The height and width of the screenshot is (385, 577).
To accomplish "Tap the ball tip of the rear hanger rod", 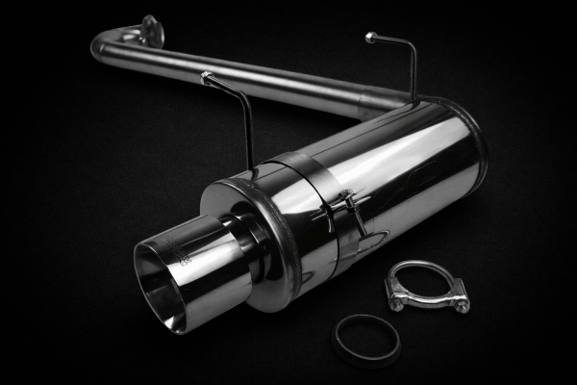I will pos(370,38).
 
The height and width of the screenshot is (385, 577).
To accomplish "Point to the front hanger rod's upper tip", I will pos(205,76).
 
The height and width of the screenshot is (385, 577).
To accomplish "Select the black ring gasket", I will pos(366,339).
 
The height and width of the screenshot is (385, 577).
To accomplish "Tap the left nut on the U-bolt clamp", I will pos(396,302).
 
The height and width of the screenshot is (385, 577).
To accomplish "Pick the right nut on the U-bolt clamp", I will pos(461,304).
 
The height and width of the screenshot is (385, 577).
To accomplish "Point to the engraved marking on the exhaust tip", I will pos(185,258).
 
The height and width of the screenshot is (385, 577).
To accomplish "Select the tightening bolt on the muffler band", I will pos(348,204).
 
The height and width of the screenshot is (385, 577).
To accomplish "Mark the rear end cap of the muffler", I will pos(471,144).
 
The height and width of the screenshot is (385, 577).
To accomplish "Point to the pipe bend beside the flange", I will pos(108,43).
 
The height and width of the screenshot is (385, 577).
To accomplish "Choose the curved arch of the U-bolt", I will pos(423,269).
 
